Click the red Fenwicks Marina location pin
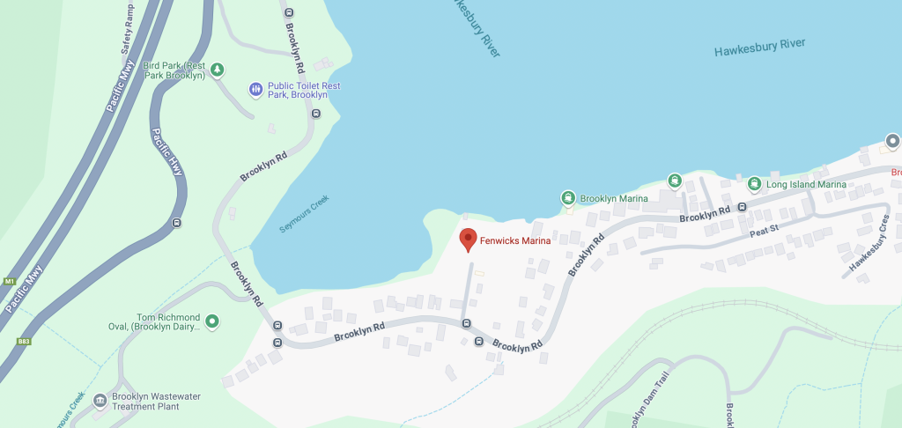click(x=468, y=239)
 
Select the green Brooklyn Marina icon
click(x=569, y=198)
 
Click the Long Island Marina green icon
click(x=754, y=184)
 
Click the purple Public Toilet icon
click(x=255, y=89)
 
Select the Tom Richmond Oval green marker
click(x=211, y=321)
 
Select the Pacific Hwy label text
click(x=166, y=151)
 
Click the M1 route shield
click(x=10, y=282)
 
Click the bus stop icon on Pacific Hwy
click(x=178, y=223)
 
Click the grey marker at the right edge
click(x=892, y=141)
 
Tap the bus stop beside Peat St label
click(x=742, y=208)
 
